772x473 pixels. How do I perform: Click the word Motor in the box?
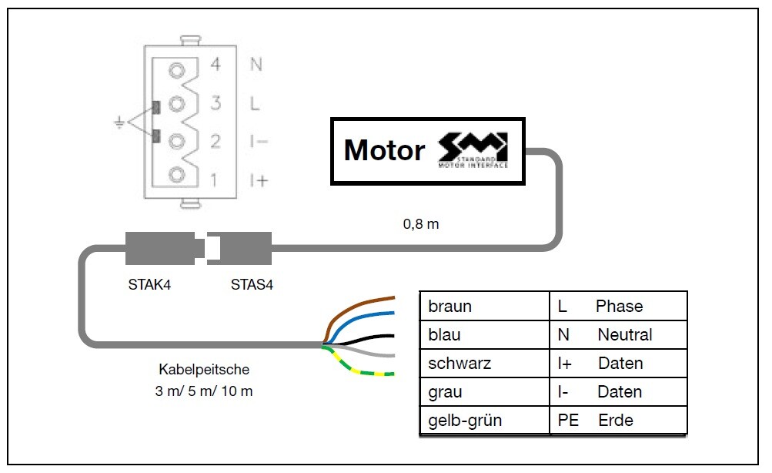[x=383, y=150]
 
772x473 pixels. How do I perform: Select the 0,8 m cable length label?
[x=421, y=225]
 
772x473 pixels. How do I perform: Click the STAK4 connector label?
[x=149, y=284]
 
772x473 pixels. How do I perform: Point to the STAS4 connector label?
[x=252, y=284]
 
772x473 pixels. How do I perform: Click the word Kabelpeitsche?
[x=204, y=370]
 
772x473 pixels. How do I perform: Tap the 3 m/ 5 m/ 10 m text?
[x=204, y=391]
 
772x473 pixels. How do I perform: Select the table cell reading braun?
[x=450, y=307]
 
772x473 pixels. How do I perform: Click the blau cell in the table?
[x=446, y=335]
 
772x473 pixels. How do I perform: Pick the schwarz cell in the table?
[x=460, y=364]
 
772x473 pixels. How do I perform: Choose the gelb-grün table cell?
[x=464, y=421]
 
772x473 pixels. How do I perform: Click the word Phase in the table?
[x=619, y=307]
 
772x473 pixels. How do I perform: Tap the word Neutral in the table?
[x=624, y=335]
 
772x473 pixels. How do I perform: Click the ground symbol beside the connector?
[x=119, y=122]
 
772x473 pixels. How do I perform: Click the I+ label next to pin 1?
[x=258, y=180]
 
